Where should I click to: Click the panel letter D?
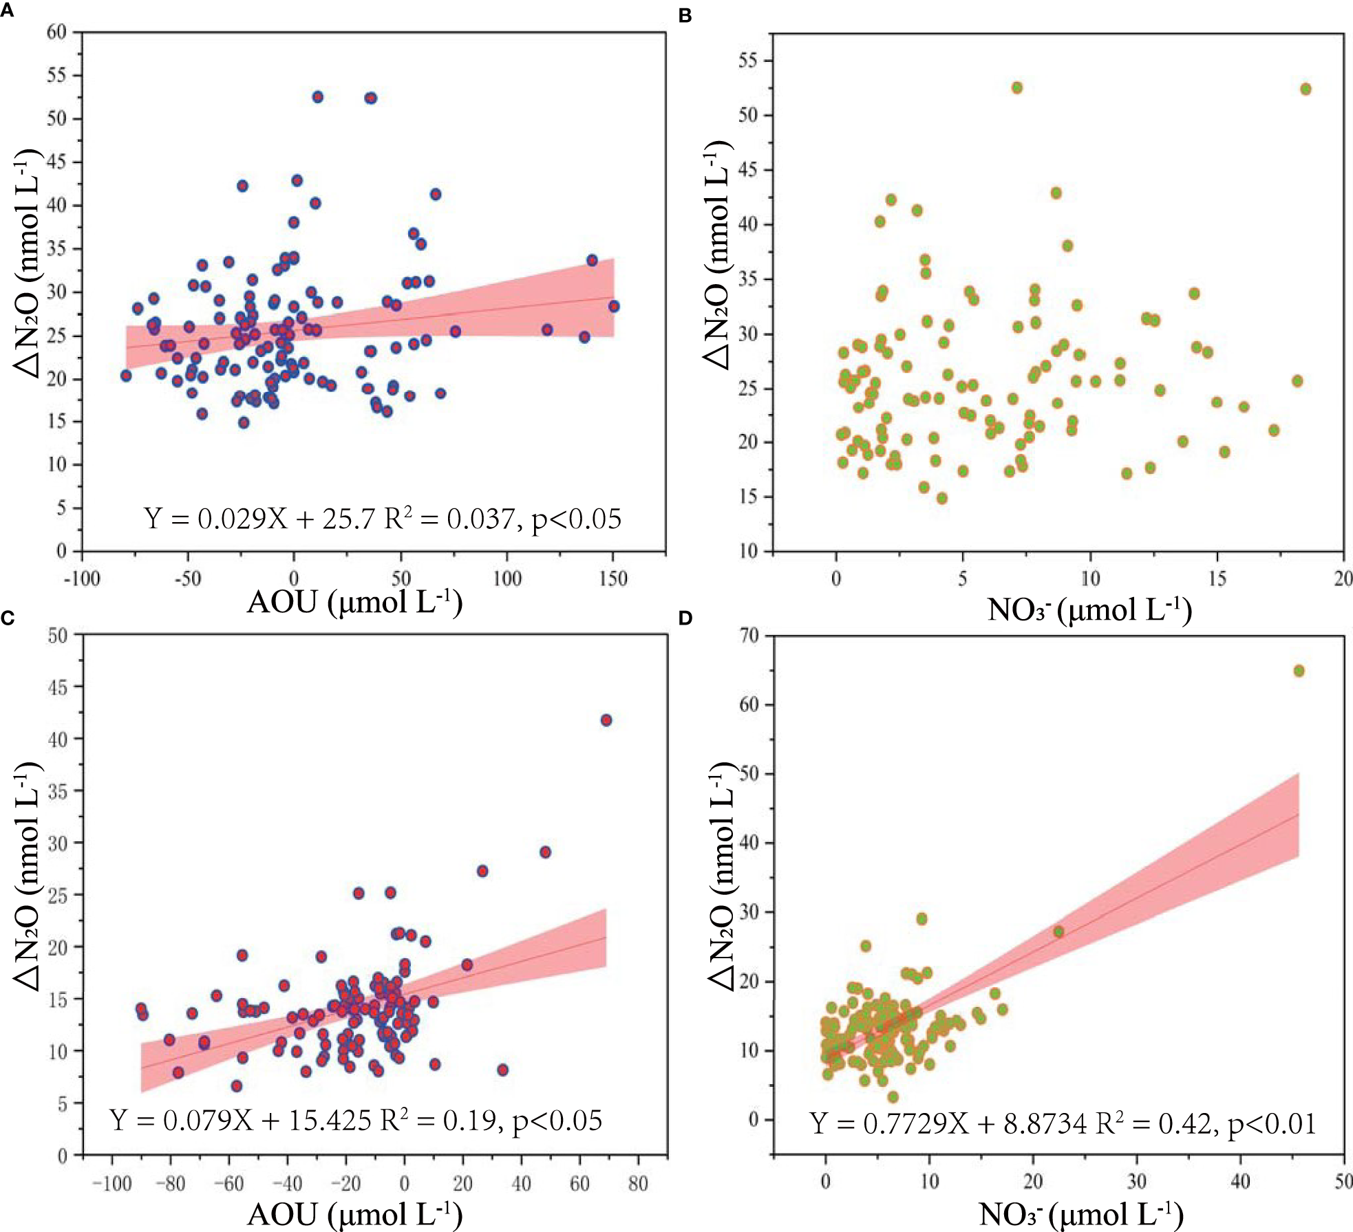tap(685, 618)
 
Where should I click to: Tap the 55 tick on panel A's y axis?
tap(56, 75)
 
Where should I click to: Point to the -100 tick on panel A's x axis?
tap(82, 579)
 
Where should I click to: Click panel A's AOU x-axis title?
tap(354, 602)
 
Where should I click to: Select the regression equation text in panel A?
tap(382, 519)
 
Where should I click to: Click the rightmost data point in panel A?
tap(613, 306)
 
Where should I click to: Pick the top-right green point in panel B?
tap(1305, 89)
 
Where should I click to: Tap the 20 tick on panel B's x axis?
tap(1343, 579)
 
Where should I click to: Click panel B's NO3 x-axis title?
tap(1089, 609)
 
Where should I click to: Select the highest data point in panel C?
tap(606, 720)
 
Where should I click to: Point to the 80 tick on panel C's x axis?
tap(638, 1183)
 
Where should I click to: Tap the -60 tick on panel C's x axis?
tap(228, 1183)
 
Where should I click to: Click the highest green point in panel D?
tap(1299, 671)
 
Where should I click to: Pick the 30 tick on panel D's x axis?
tap(1136, 1182)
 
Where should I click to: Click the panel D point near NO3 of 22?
tap(1058, 931)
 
